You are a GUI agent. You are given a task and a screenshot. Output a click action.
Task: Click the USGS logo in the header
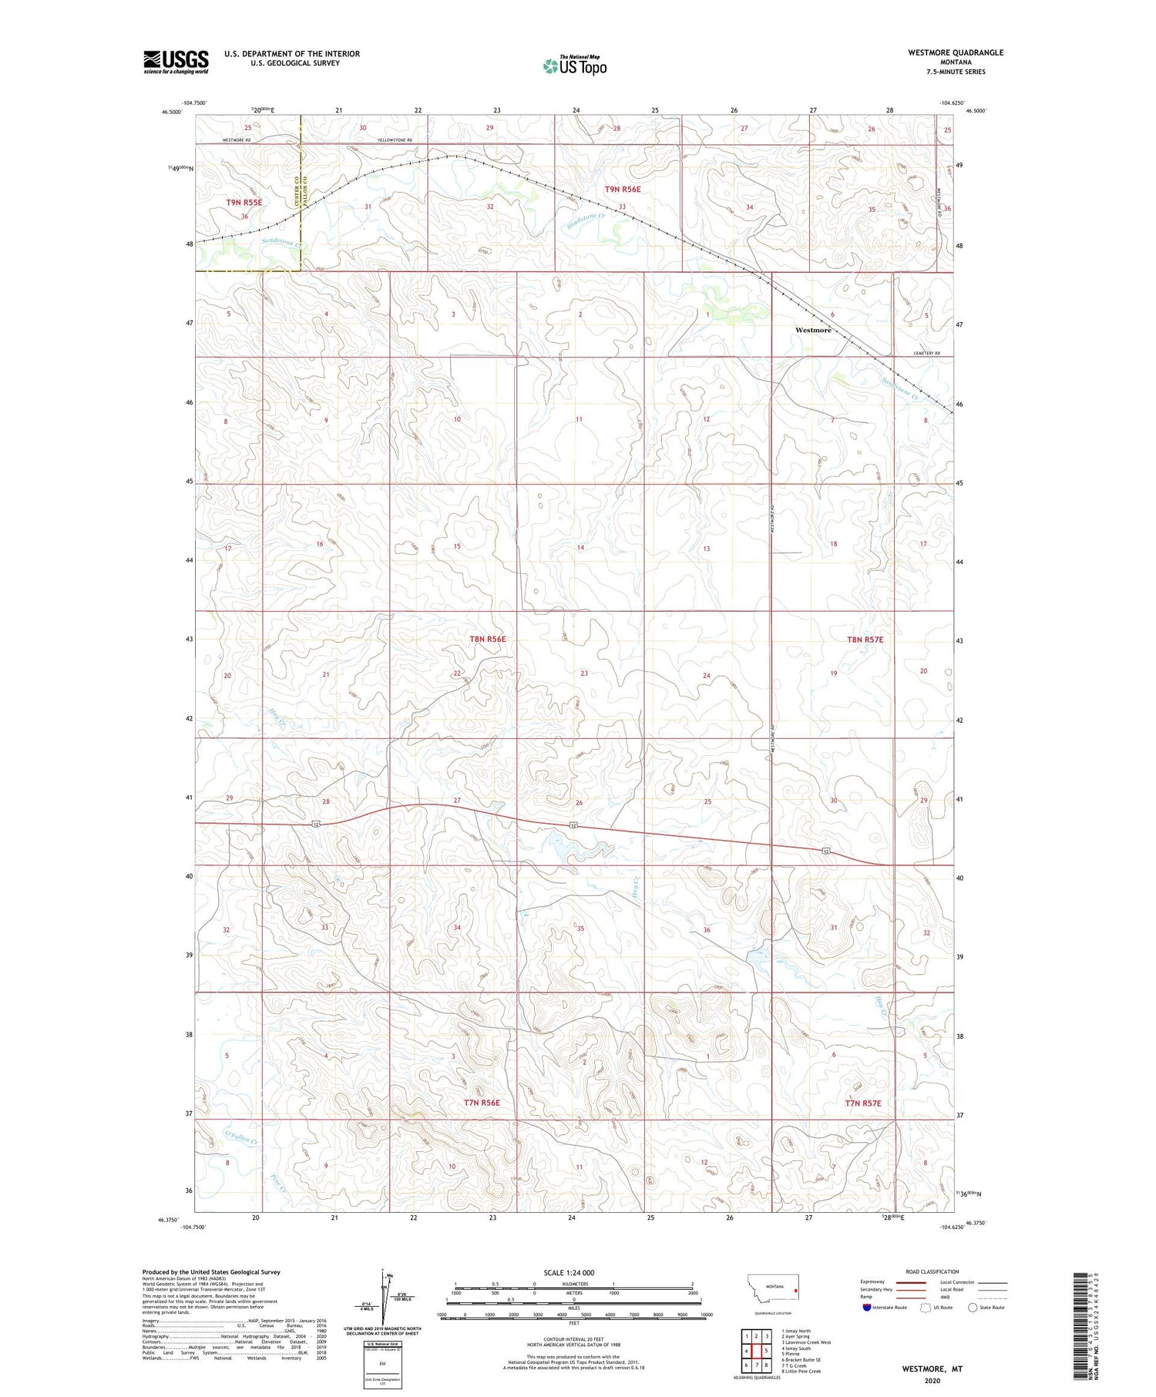coord(176,62)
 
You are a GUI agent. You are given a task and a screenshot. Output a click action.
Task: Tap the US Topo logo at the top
coord(575,66)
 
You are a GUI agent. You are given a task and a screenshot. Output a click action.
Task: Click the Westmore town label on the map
coord(813,330)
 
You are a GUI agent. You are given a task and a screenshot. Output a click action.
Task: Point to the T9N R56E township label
coord(623,189)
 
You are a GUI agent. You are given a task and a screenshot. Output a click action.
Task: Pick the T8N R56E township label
coord(487,639)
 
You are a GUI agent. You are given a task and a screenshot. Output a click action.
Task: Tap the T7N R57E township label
coord(862,1103)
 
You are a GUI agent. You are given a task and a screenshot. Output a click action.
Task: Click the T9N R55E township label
coord(244,203)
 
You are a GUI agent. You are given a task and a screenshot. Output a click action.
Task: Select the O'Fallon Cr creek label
coord(241,1136)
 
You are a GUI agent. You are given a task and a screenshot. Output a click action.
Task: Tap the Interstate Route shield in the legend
coord(867,1308)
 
